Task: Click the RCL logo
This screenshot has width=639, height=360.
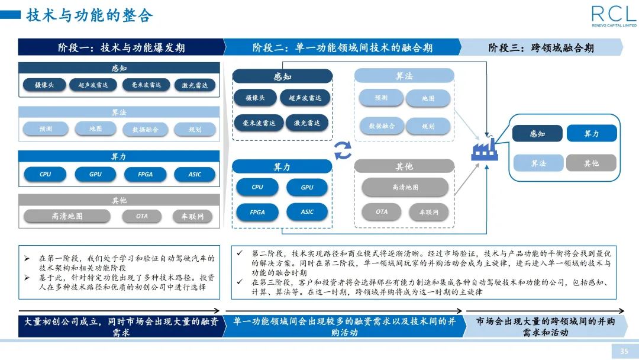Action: [x=614, y=16]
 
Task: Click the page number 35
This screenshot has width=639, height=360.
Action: [x=624, y=352]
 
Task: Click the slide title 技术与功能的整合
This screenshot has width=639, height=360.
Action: [x=89, y=16]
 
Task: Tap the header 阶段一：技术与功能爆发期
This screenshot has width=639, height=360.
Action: [x=121, y=47]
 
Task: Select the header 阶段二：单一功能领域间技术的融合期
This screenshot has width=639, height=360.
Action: [x=342, y=47]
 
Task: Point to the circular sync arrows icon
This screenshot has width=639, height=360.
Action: [x=343, y=150]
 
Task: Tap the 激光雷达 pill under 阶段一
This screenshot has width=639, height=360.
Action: [x=195, y=85]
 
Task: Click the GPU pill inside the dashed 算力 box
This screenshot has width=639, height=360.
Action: [x=306, y=187]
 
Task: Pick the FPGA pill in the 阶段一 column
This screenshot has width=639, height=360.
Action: [x=145, y=175]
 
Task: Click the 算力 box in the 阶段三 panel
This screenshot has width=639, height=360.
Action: [x=591, y=134]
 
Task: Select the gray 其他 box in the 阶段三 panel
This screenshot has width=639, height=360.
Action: [x=591, y=163]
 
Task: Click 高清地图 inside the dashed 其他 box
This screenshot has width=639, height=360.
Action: [x=405, y=187]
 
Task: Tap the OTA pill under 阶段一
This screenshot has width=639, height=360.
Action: [x=141, y=216]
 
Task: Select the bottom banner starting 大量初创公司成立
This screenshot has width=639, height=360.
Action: [x=121, y=327]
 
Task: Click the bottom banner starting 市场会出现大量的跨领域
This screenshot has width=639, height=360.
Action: [x=545, y=327]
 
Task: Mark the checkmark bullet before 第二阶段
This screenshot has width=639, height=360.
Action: [x=239, y=253]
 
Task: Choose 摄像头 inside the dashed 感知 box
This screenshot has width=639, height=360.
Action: [x=255, y=98]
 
